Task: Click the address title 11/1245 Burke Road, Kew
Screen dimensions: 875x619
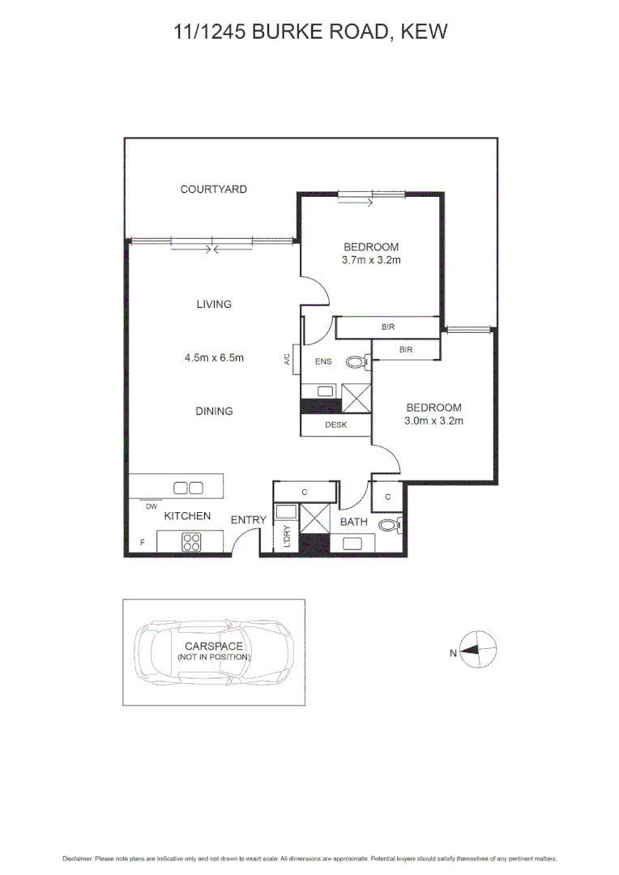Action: [x=310, y=32]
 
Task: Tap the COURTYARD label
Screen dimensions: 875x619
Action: [x=213, y=190]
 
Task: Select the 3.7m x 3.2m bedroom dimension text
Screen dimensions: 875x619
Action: [x=372, y=261]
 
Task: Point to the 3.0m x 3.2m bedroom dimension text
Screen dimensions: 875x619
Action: [x=434, y=421]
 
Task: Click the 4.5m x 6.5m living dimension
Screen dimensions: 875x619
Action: [x=214, y=357]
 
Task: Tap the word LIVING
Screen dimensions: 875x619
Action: [x=214, y=305]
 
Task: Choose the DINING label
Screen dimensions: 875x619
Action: [x=214, y=412]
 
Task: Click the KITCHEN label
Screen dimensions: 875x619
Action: [x=187, y=516]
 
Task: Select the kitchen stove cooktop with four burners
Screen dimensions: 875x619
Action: [x=192, y=542]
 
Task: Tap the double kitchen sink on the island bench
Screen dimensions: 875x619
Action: [x=189, y=487]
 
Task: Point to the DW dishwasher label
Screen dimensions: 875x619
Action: [x=151, y=507]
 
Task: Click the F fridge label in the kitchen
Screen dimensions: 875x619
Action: [x=142, y=543]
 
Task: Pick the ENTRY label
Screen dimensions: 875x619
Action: [x=248, y=520]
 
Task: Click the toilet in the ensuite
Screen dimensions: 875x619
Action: [x=356, y=362]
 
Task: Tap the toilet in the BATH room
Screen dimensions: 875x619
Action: [x=390, y=526]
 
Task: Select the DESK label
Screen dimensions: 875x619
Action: [x=335, y=425]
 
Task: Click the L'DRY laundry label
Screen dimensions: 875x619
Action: [x=287, y=537]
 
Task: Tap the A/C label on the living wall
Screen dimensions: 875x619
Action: [x=288, y=360]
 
